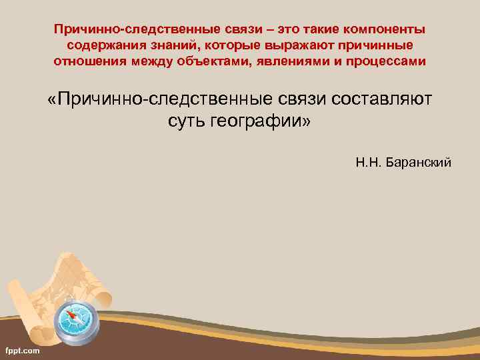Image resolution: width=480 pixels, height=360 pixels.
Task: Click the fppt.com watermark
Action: pyautogui.click(x=22, y=350)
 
